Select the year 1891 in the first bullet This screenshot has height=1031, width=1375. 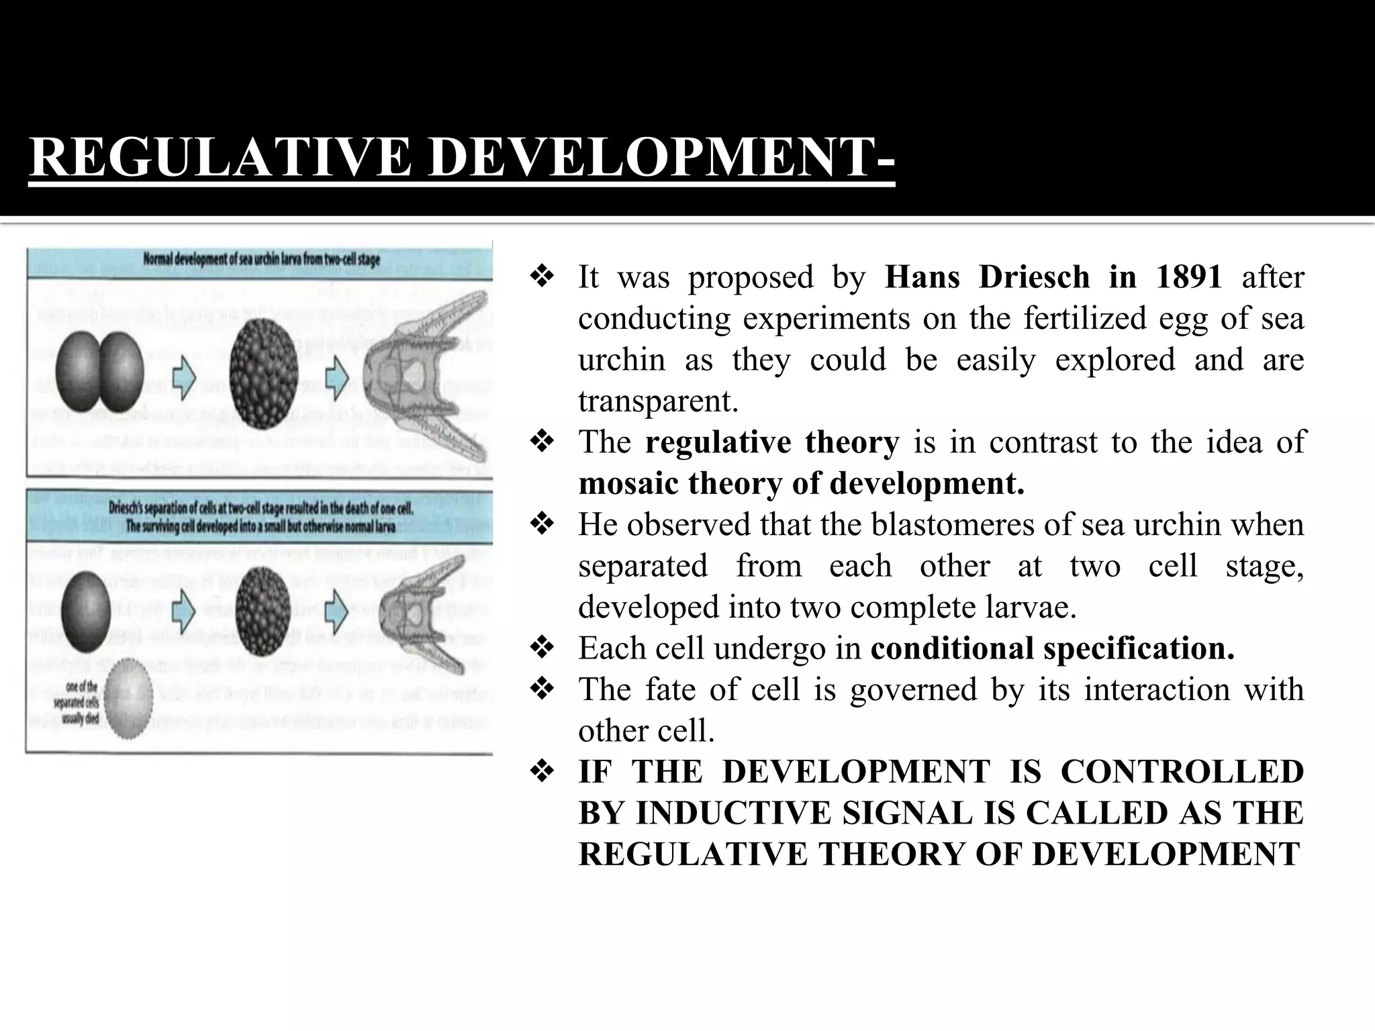pyautogui.click(x=1188, y=277)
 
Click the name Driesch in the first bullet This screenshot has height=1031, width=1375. pyautogui.click(x=1034, y=277)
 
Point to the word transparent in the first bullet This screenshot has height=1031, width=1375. pyautogui.click(x=658, y=401)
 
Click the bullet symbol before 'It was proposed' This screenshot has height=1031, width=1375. pyautogui.click(x=542, y=277)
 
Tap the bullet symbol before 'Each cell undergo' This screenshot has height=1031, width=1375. pyautogui.click(x=542, y=648)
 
